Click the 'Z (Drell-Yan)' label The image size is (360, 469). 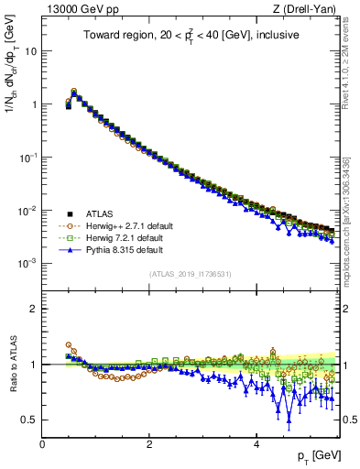tap(307, 10)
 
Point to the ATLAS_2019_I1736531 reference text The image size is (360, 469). tap(191, 274)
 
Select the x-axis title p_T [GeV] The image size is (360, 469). tap(311, 456)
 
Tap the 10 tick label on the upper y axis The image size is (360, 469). tap(30, 51)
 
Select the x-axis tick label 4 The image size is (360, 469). tap(256, 443)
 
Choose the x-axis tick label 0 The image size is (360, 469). tap(42, 443)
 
